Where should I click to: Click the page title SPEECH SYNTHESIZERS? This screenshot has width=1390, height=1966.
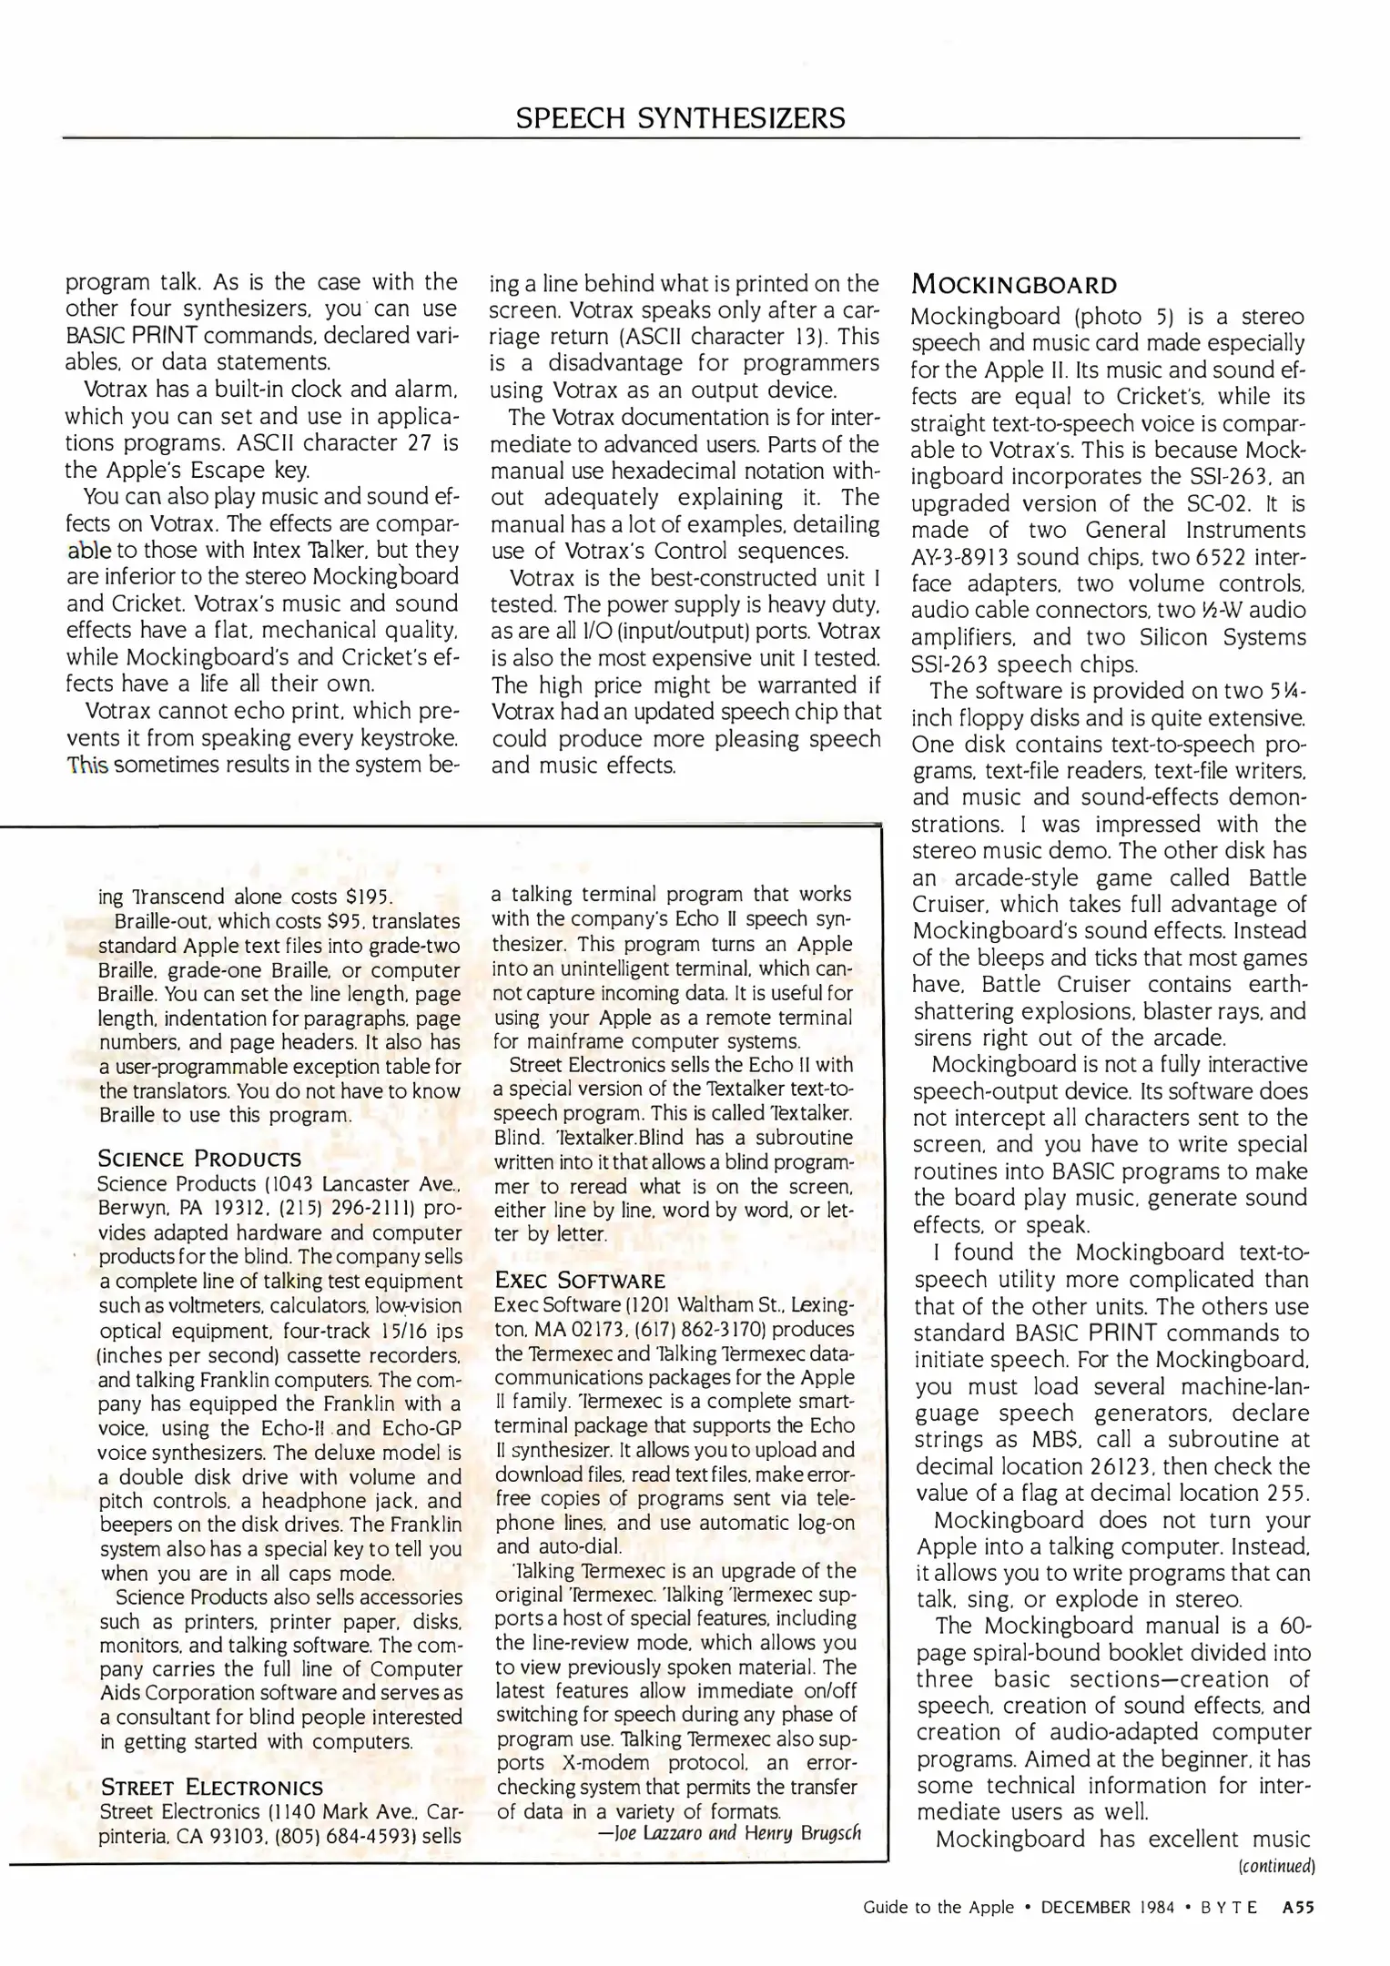click(x=680, y=117)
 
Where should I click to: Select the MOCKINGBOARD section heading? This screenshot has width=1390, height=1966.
click(x=1014, y=285)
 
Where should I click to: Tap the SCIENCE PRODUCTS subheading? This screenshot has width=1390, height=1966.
click(x=199, y=1159)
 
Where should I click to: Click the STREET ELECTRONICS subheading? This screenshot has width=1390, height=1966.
click(x=211, y=1786)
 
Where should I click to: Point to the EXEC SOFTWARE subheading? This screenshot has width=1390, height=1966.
click(x=580, y=1281)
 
